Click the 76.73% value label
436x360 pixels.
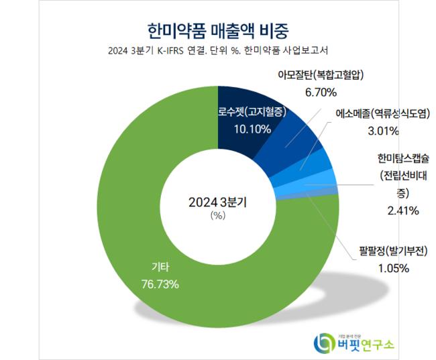(x=159, y=284)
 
